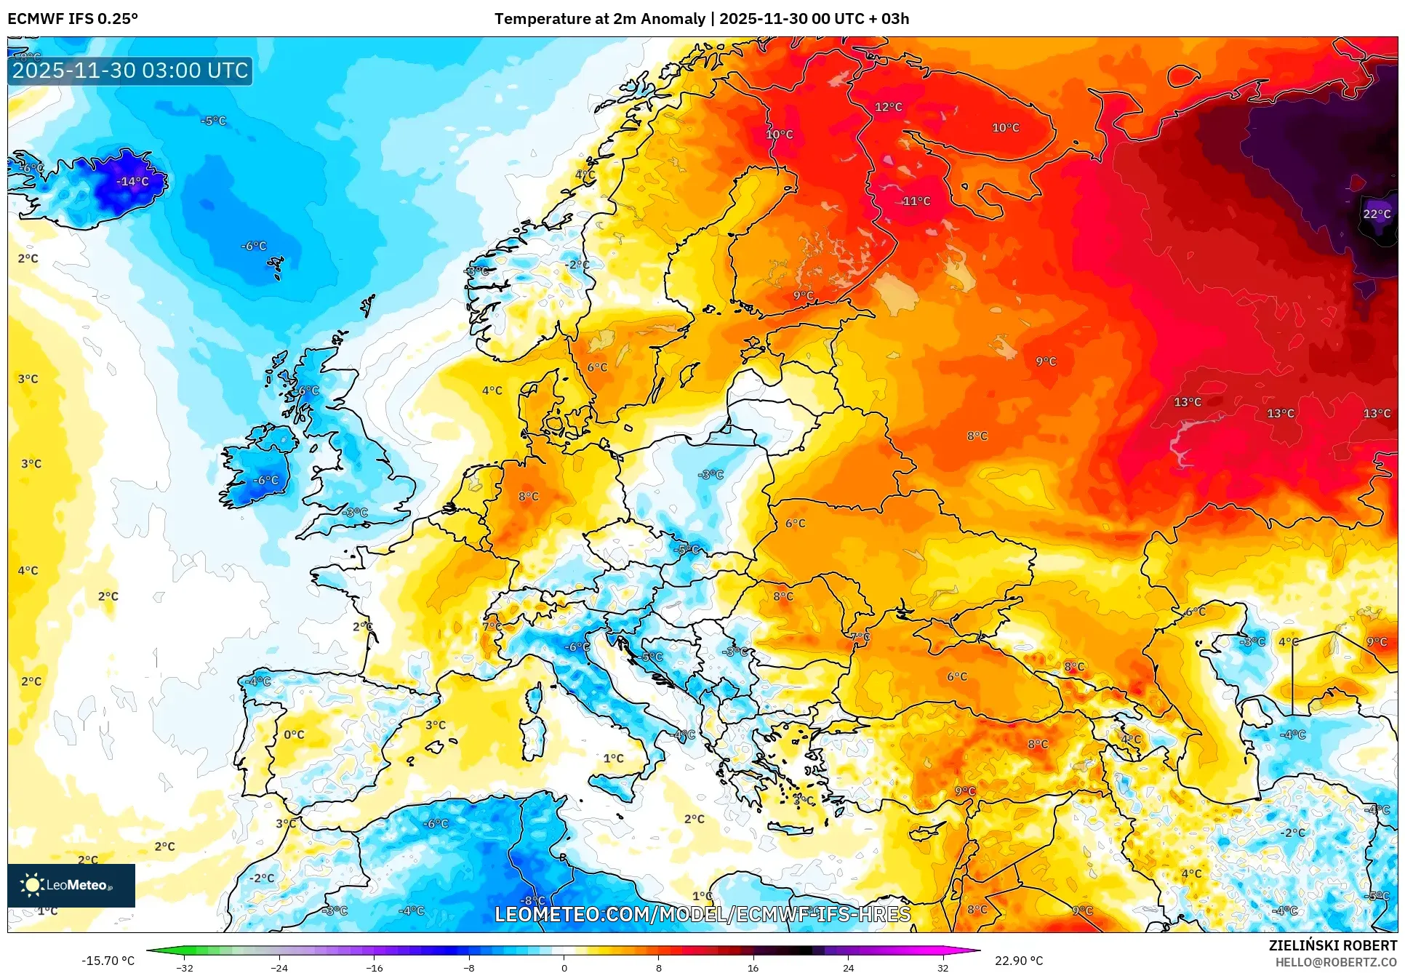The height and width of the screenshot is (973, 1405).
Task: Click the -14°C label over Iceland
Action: [x=133, y=181]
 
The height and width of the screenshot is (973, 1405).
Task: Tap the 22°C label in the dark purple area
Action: [x=1376, y=214]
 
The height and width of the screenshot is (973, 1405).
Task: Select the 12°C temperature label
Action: [x=888, y=107]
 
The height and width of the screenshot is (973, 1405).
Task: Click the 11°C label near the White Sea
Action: [x=916, y=201]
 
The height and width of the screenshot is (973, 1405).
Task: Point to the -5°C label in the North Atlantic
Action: [x=213, y=121]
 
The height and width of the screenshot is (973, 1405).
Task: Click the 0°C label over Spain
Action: [x=294, y=734]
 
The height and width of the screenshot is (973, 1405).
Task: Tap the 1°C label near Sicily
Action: [x=613, y=758]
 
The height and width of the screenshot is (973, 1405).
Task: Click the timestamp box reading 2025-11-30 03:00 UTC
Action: [x=130, y=71]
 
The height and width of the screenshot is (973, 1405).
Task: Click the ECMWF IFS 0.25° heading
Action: [x=73, y=19]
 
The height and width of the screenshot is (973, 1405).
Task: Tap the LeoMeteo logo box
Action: [x=71, y=885]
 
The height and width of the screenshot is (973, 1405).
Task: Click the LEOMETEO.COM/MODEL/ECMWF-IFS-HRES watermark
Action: [x=702, y=914]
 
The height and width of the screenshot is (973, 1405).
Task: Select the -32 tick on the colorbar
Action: [x=185, y=967]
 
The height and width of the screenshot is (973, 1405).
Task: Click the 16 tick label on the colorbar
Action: [x=753, y=967]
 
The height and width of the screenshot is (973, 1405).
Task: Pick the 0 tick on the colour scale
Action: [x=564, y=967]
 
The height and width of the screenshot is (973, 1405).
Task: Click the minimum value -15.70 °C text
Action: [x=108, y=961]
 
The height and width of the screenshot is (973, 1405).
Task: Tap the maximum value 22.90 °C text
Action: [x=1018, y=961]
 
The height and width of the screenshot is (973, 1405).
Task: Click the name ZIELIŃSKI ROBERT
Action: [x=1332, y=945]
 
